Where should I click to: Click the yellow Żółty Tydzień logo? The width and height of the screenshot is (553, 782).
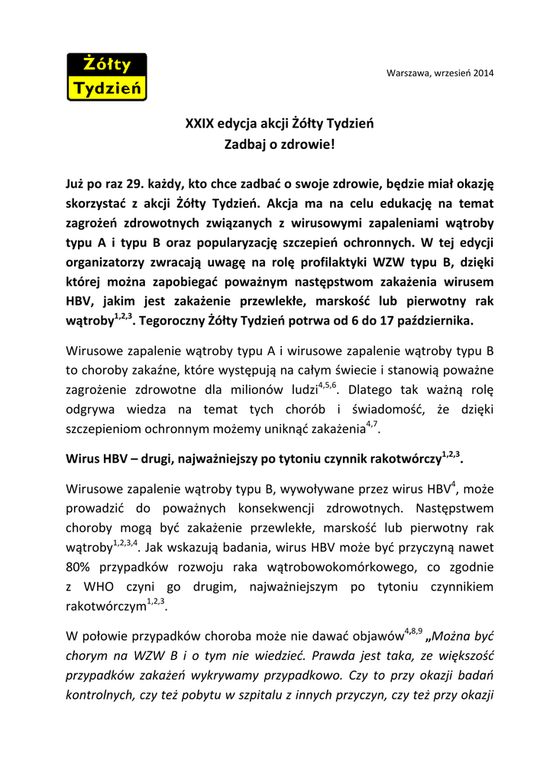tap(106, 77)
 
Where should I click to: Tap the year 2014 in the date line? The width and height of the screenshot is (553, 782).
tap(482, 73)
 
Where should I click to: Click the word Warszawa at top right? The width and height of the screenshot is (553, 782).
tap(409, 73)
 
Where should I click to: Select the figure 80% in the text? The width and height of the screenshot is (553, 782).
tap(79, 567)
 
